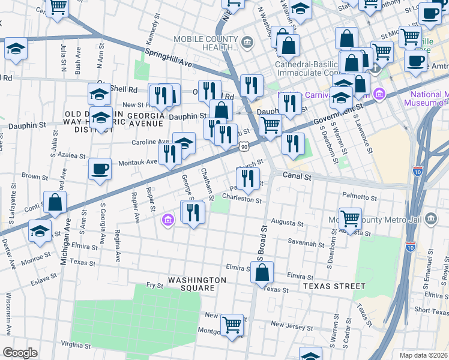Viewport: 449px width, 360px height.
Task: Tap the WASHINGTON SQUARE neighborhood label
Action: pyautogui.click(x=197, y=284)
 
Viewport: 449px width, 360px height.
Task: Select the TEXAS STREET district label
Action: pyautogui.click(x=334, y=287)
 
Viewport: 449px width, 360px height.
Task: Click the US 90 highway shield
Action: pyautogui.click(x=243, y=146)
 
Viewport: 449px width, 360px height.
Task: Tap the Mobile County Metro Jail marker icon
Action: pyautogui.click(x=430, y=220)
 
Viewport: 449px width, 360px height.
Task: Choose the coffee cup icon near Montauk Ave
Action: pyautogui.click(x=100, y=169)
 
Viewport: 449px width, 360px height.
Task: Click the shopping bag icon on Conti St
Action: pyautogui.click(x=55, y=203)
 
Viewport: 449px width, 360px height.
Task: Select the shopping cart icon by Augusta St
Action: pyautogui.click(x=350, y=218)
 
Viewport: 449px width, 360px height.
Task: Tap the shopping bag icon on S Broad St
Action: pyautogui.click(x=262, y=273)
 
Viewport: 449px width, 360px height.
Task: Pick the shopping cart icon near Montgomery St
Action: pyautogui.click(x=232, y=325)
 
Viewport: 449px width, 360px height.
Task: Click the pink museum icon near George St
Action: pyautogui.click(x=167, y=221)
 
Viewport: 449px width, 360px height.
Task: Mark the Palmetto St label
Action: pyautogui.click(x=359, y=196)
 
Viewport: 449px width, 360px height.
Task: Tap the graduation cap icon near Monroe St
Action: pyautogui.click(x=40, y=232)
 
